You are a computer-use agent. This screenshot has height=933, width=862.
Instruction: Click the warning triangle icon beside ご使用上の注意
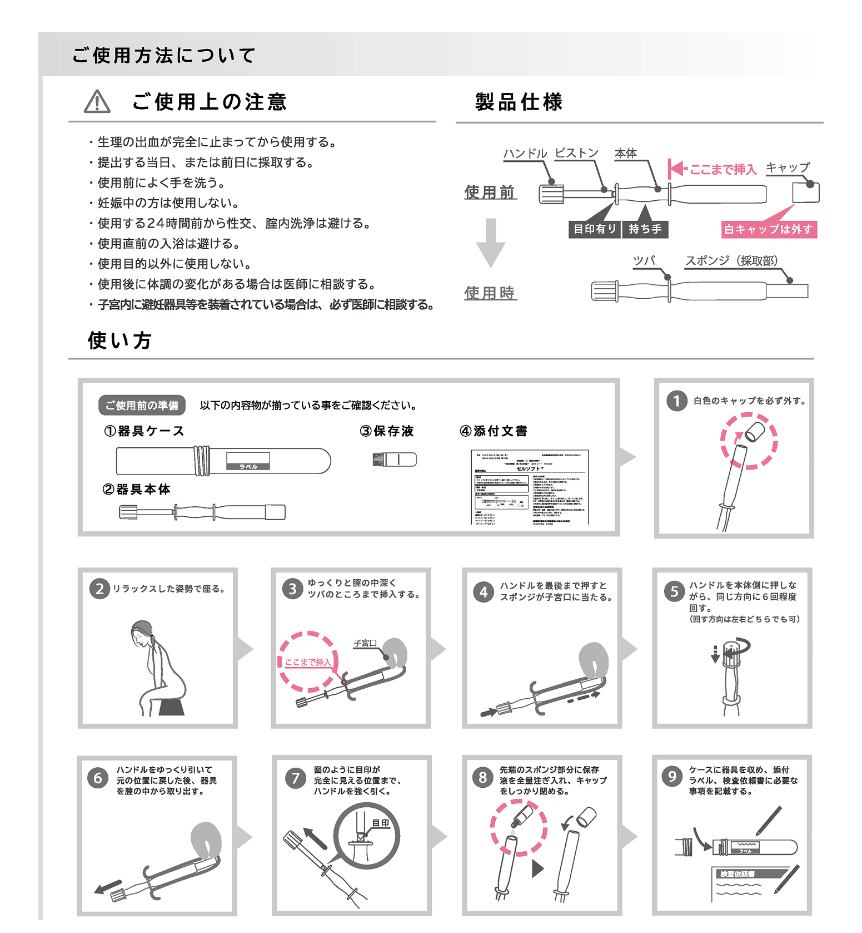click(x=97, y=102)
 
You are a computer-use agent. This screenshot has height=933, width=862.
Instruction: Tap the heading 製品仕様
click(x=519, y=102)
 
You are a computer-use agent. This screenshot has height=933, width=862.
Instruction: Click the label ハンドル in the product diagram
click(x=525, y=154)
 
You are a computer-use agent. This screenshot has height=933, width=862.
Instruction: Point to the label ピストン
click(x=576, y=153)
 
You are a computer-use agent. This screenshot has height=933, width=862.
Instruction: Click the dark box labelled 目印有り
click(x=594, y=229)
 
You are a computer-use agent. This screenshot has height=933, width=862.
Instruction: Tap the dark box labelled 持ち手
click(x=645, y=229)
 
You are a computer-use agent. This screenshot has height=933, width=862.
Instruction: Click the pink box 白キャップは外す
click(x=768, y=229)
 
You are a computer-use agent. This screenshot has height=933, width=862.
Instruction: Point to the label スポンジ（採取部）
click(x=731, y=261)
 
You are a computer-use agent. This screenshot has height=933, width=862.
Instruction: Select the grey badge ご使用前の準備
click(x=142, y=405)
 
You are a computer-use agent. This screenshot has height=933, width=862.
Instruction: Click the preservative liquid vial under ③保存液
click(x=394, y=459)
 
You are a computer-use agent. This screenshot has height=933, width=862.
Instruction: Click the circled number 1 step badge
click(x=676, y=401)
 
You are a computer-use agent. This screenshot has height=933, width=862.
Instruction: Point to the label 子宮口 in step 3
click(x=365, y=643)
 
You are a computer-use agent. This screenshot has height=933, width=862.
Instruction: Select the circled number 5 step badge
click(x=674, y=591)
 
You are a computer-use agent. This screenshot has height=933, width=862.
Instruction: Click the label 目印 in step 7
click(x=381, y=823)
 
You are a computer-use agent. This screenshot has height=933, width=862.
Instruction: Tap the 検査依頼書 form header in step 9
click(x=737, y=873)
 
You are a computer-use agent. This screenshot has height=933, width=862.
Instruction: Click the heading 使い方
click(x=119, y=340)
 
